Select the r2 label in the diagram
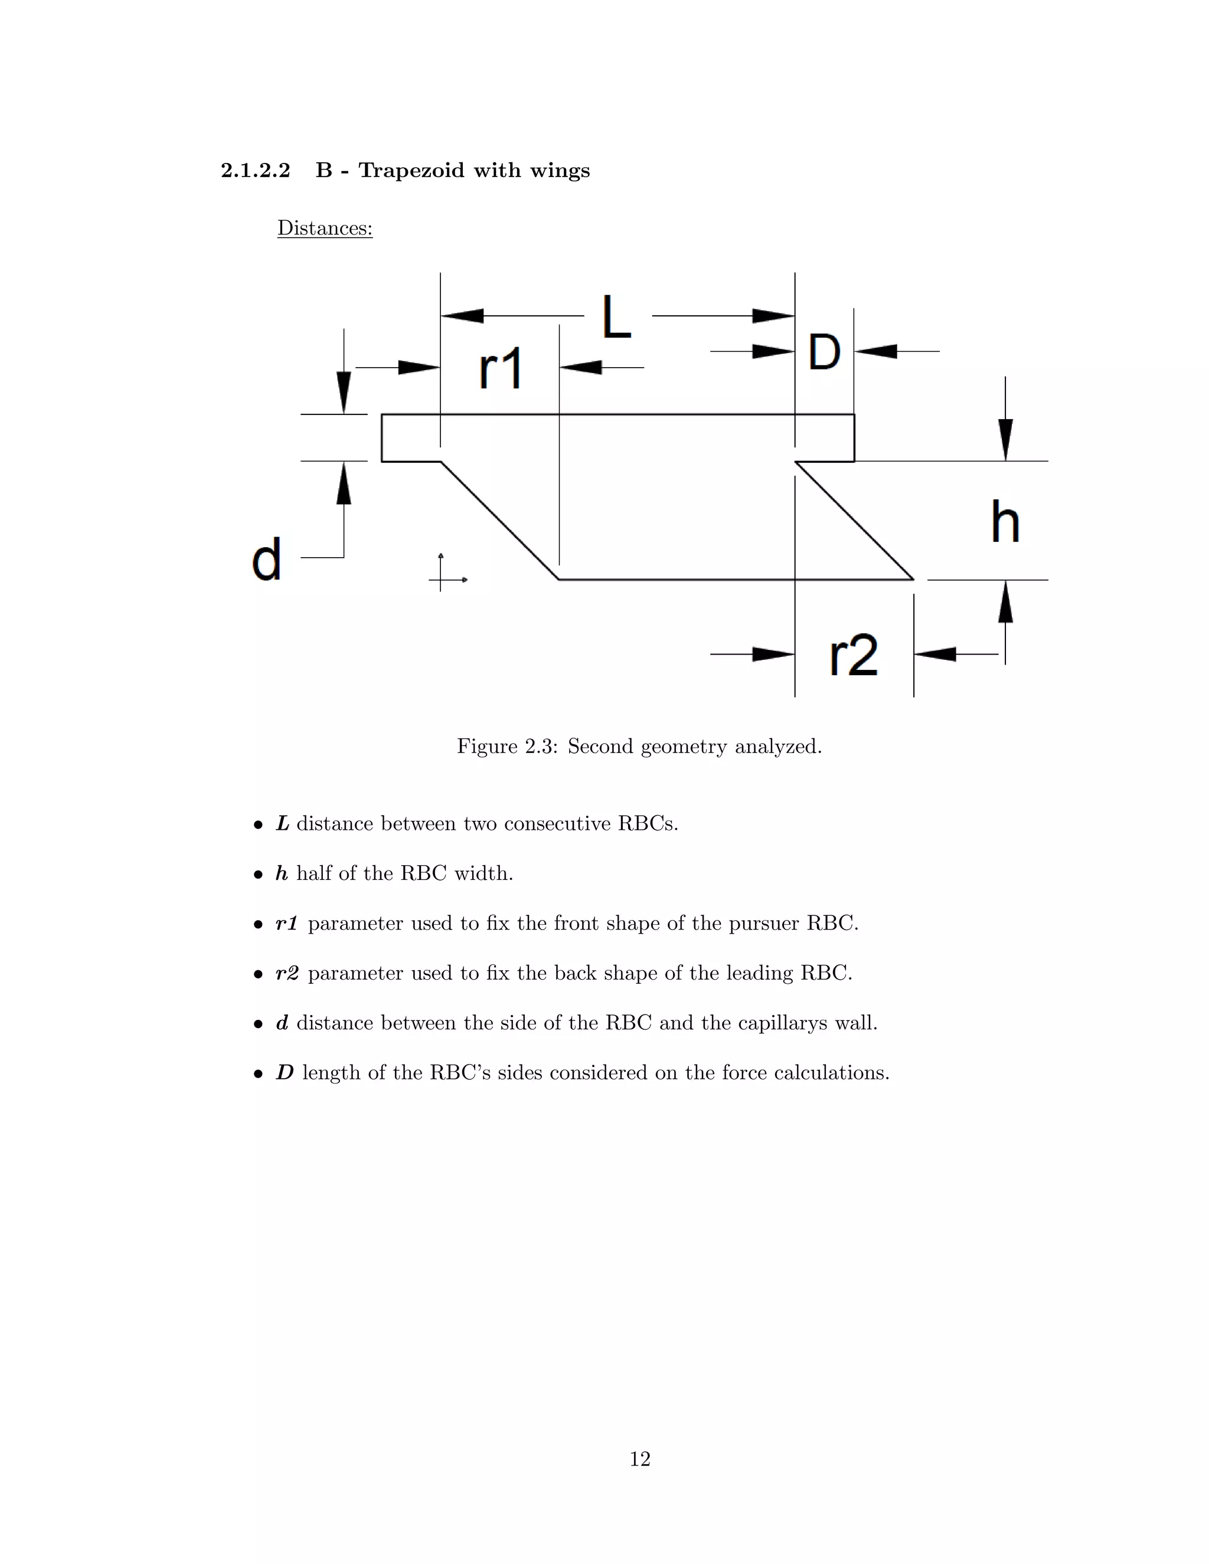pos(853,655)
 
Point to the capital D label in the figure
pos(824,352)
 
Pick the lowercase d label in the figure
pos(266,560)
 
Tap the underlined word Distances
pos(325,228)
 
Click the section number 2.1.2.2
pos(256,171)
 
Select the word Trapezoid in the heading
pos(411,171)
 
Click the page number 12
pos(639,1459)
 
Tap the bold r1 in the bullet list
pos(286,923)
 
